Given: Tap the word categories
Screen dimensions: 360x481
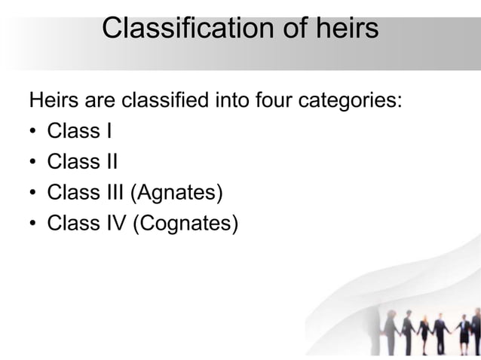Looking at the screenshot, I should [352, 101].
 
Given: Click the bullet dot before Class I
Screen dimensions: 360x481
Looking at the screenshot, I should [34, 133].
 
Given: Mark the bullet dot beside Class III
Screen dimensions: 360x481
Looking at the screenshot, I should [34, 194].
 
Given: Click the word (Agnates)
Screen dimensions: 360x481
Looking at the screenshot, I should [177, 194].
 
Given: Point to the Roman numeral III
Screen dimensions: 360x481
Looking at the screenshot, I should [115, 193].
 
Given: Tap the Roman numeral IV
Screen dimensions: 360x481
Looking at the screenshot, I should [115, 224].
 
